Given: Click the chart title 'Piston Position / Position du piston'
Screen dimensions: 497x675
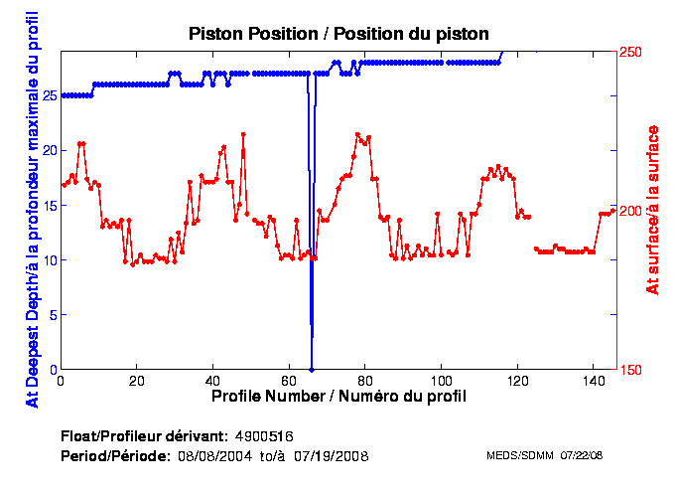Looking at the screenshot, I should click(338, 34).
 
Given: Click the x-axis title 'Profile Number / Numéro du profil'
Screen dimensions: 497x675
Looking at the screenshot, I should click(338, 396).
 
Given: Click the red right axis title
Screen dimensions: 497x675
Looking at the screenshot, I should click(652, 209).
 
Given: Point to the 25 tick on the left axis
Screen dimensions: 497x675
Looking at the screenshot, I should click(49, 95).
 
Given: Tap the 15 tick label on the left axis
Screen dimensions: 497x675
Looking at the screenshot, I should click(49, 206).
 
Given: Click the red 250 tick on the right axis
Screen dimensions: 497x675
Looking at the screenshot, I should click(631, 52).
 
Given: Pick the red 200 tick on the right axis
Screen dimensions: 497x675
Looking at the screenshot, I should click(631, 211).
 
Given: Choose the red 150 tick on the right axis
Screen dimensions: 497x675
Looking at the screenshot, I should click(631, 370).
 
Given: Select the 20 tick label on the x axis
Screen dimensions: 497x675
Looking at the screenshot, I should click(137, 381).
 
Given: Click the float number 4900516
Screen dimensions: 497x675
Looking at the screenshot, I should click(264, 436).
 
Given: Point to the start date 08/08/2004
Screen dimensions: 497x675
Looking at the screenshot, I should click(210, 455).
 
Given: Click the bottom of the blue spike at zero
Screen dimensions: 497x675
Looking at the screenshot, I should click(312, 369).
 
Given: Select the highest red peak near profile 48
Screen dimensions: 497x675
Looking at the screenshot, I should click(243, 134).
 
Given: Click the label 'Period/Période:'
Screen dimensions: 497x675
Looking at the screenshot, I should click(115, 455).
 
